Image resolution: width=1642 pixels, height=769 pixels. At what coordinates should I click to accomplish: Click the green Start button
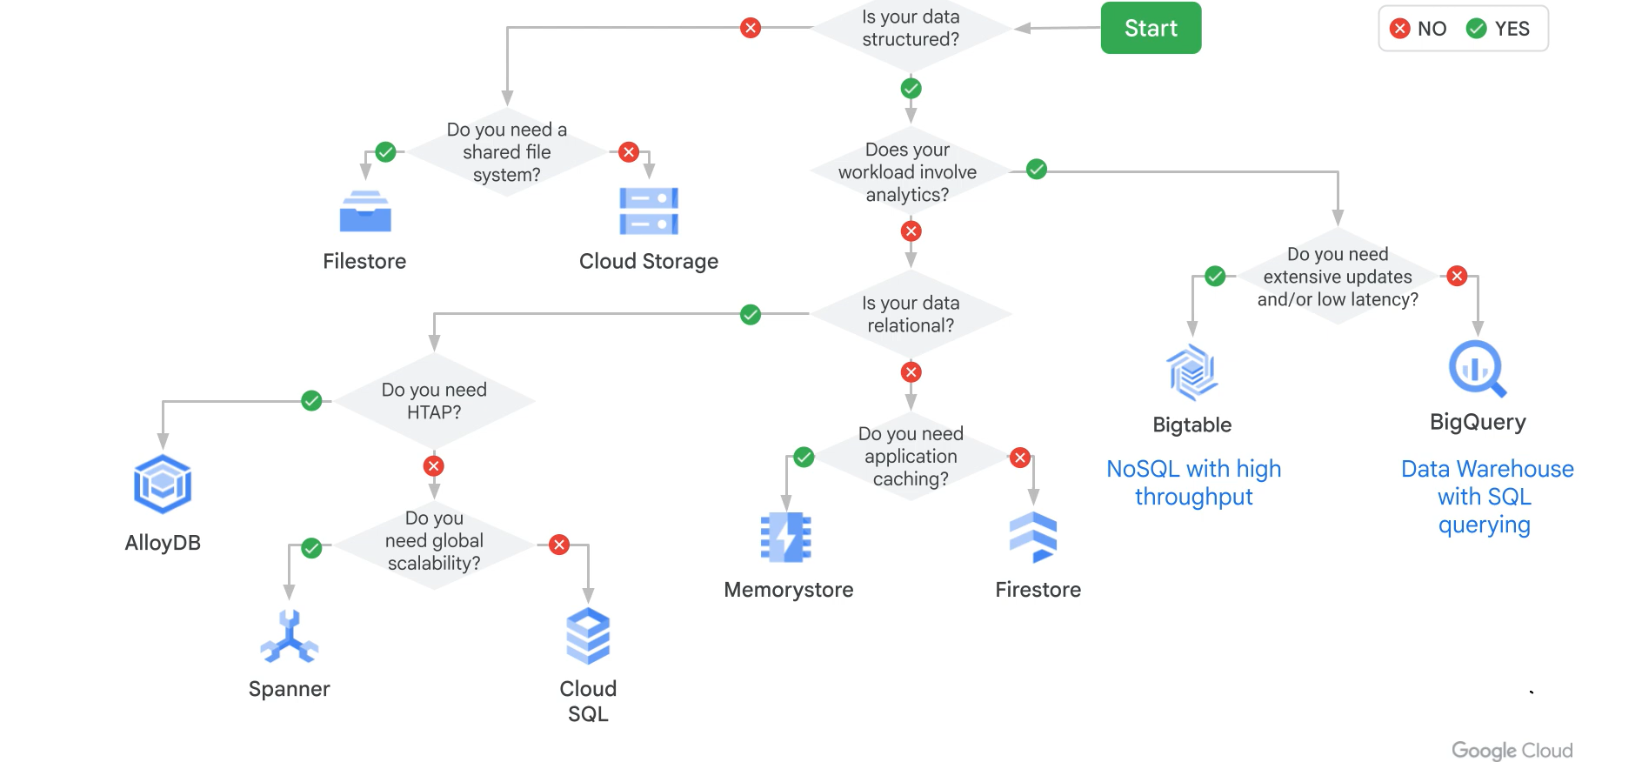[x=1150, y=28]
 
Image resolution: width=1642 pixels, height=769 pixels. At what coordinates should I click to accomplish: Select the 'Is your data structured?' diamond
[x=911, y=29]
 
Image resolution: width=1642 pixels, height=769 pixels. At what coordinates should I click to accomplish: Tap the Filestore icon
[x=365, y=211]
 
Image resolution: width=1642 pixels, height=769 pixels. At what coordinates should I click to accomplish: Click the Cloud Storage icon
[x=649, y=211]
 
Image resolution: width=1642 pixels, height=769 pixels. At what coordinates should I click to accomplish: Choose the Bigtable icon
[x=1191, y=371]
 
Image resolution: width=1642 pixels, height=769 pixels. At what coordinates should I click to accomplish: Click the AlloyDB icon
[x=163, y=484]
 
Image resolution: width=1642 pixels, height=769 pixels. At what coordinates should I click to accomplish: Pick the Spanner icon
[x=290, y=637]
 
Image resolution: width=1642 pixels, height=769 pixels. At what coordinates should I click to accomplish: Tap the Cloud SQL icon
[x=588, y=636]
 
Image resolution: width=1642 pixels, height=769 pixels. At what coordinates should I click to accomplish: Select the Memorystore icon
[x=786, y=537]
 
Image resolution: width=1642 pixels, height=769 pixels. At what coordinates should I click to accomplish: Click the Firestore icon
[x=1033, y=537]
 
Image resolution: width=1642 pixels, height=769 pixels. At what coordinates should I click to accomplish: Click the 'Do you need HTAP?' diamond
[x=434, y=401]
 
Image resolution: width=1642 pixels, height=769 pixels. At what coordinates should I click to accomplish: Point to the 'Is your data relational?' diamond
[x=911, y=314]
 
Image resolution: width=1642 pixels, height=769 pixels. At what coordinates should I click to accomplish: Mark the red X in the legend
[x=1399, y=29]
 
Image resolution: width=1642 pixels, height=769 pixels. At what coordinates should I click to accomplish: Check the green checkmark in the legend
[x=1476, y=29]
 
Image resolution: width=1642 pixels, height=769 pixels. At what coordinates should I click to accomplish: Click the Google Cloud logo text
[x=1512, y=750]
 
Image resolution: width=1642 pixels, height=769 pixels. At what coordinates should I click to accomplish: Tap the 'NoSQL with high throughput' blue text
[x=1193, y=483]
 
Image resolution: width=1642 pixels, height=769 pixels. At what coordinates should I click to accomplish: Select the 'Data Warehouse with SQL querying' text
[x=1486, y=497]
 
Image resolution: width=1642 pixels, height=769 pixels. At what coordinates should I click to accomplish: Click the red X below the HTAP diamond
[x=434, y=465]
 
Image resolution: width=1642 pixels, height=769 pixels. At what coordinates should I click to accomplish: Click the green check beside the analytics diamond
[x=1036, y=170]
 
